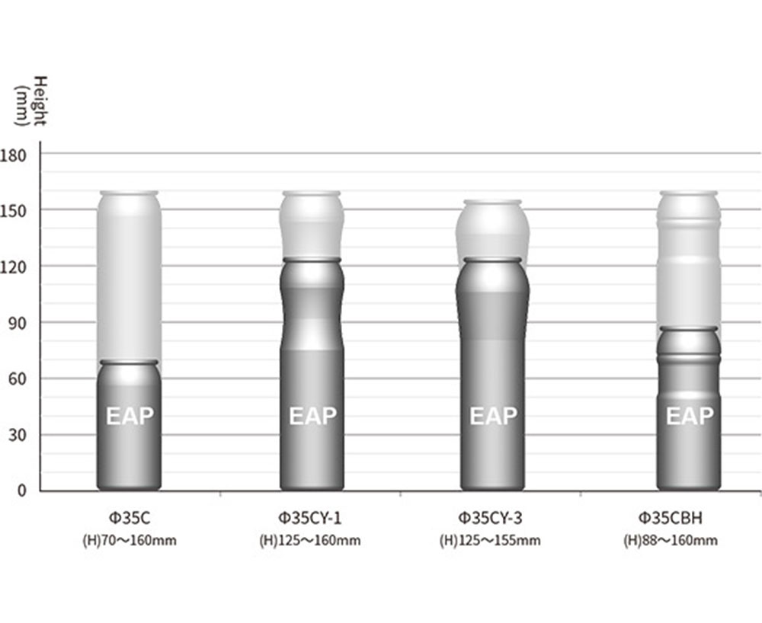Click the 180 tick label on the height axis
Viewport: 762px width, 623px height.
[x=14, y=155]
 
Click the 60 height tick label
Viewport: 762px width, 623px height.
[x=18, y=379]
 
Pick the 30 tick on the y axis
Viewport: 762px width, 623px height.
[x=18, y=435]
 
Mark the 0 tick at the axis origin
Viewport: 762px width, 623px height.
[x=22, y=491]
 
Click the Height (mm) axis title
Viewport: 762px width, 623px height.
[x=30, y=101]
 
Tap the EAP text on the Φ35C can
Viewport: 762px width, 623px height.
[x=130, y=416]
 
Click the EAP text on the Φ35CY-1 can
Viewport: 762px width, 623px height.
[x=312, y=416]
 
